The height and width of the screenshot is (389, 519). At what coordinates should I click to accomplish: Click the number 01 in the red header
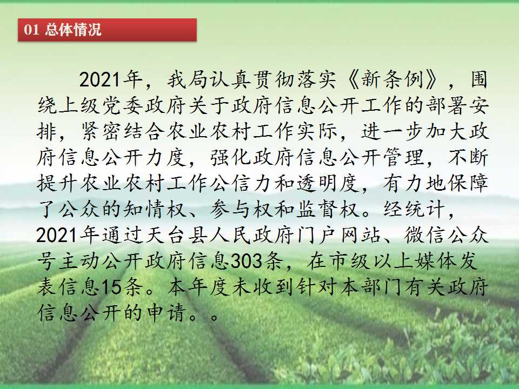(x=31, y=30)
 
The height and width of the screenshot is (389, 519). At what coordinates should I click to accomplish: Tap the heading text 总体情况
(x=73, y=30)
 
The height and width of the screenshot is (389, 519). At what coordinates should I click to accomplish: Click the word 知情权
(x=155, y=209)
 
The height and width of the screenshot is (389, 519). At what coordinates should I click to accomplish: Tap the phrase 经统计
(x=414, y=209)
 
